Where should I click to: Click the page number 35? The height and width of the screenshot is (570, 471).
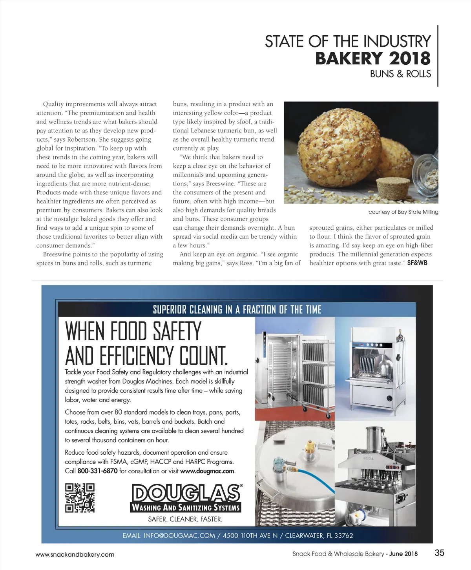click(x=439, y=553)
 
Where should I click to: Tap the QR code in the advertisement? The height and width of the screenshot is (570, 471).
click(x=80, y=497)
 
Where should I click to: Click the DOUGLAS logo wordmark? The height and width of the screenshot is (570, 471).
click(x=186, y=493)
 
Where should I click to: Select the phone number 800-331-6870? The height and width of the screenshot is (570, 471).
click(x=97, y=471)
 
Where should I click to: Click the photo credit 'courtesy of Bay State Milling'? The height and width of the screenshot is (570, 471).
click(x=403, y=212)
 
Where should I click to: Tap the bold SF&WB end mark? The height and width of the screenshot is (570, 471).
click(x=417, y=263)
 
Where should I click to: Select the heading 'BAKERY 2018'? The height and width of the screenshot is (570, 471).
click(x=372, y=58)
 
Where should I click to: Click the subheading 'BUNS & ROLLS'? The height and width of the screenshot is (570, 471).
click(x=400, y=74)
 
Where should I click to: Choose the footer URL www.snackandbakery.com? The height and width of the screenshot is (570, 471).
click(x=75, y=554)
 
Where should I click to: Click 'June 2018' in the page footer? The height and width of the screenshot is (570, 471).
click(x=403, y=554)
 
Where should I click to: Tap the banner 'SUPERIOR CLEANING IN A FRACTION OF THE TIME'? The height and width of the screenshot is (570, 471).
click(x=237, y=310)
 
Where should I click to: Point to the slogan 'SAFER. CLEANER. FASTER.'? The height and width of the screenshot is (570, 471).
click(x=185, y=519)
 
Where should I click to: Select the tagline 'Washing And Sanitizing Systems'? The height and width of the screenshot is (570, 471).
click(x=186, y=507)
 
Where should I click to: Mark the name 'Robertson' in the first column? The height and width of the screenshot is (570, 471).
click(x=82, y=140)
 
